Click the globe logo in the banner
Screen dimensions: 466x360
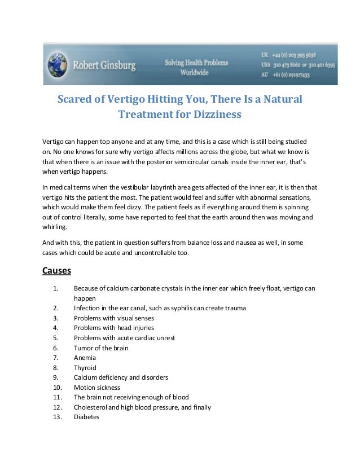[x=56, y=64]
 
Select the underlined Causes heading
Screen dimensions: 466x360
[x=56, y=270]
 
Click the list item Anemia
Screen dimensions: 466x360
[x=85, y=358]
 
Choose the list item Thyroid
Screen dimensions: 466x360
[x=85, y=367]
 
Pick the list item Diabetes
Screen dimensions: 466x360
[x=86, y=417]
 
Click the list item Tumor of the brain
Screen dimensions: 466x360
[x=101, y=348]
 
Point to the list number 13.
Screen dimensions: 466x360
[x=56, y=417]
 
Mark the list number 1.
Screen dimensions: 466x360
[x=55, y=289]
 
